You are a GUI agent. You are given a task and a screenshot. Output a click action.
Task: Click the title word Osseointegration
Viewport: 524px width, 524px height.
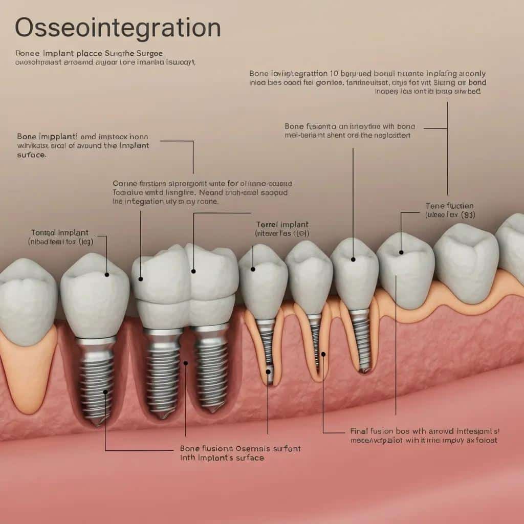(118, 28)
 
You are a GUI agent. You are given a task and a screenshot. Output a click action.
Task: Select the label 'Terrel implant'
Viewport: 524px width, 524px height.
(282, 225)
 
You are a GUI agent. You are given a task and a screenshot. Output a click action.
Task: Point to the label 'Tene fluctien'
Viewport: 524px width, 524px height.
(450, 206)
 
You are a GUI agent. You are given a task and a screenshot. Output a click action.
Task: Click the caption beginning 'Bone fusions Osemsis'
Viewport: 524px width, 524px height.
(240, 449)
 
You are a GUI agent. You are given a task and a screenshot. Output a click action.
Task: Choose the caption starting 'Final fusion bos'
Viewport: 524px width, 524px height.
(424, 431)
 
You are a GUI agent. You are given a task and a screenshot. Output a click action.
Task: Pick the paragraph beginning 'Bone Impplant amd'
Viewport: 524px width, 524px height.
(83, 145)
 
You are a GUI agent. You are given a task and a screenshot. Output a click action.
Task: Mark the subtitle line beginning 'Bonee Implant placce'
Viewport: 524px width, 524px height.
(96, 53)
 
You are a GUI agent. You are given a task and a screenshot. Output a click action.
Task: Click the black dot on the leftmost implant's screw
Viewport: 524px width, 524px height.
(105, 392)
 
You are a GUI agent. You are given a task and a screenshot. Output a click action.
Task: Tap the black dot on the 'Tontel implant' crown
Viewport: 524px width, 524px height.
(107, 275)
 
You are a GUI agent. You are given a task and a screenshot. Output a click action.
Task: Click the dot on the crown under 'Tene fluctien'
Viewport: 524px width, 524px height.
(401, 252)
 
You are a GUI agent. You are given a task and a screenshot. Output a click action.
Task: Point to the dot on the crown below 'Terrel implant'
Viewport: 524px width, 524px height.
(253, 269)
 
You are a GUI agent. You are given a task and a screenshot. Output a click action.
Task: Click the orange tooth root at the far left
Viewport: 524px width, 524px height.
(28, 368)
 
